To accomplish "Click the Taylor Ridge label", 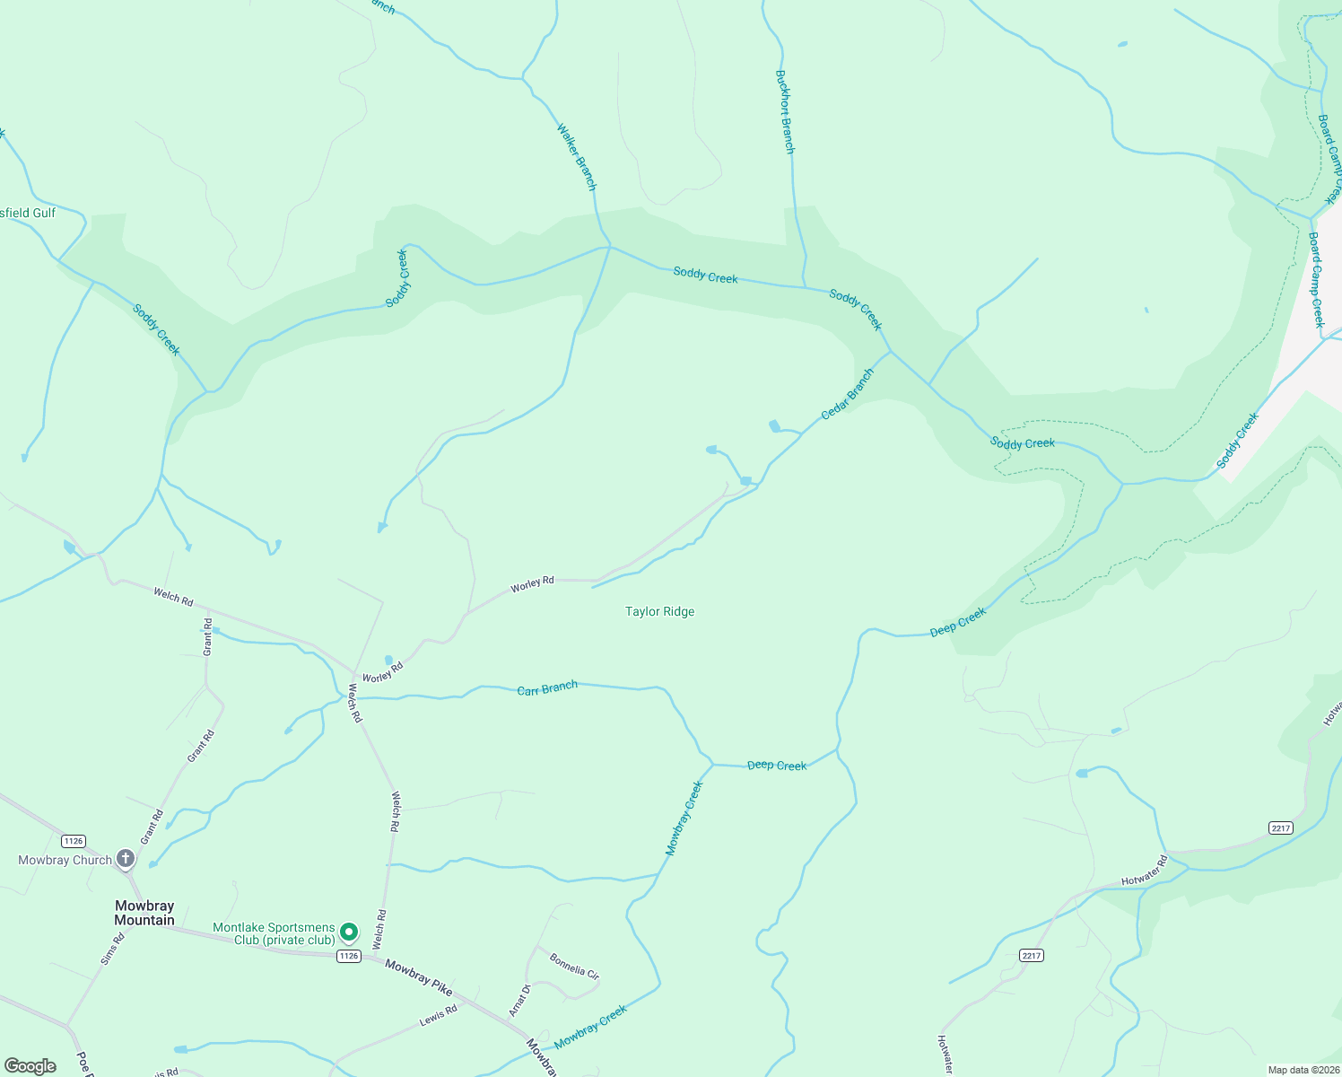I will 659,611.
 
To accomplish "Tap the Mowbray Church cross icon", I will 126,859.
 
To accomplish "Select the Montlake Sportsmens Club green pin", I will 350,933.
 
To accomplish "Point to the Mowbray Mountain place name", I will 144,913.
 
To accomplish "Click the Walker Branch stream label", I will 576,156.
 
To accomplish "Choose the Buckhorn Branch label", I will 785,112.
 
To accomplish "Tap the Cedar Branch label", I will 848,394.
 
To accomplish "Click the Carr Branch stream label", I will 547,688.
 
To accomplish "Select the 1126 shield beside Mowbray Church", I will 74,841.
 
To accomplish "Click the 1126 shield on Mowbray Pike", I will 349,956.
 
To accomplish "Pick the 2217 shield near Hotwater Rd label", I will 1281,827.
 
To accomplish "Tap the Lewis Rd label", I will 439,1015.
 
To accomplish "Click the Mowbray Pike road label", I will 419,976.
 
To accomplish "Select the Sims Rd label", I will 112,949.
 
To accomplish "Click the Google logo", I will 30,1066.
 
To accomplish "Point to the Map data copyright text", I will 1303,1070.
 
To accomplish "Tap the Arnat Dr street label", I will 519,1001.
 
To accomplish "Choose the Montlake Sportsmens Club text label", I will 274,933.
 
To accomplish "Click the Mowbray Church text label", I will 65,860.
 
